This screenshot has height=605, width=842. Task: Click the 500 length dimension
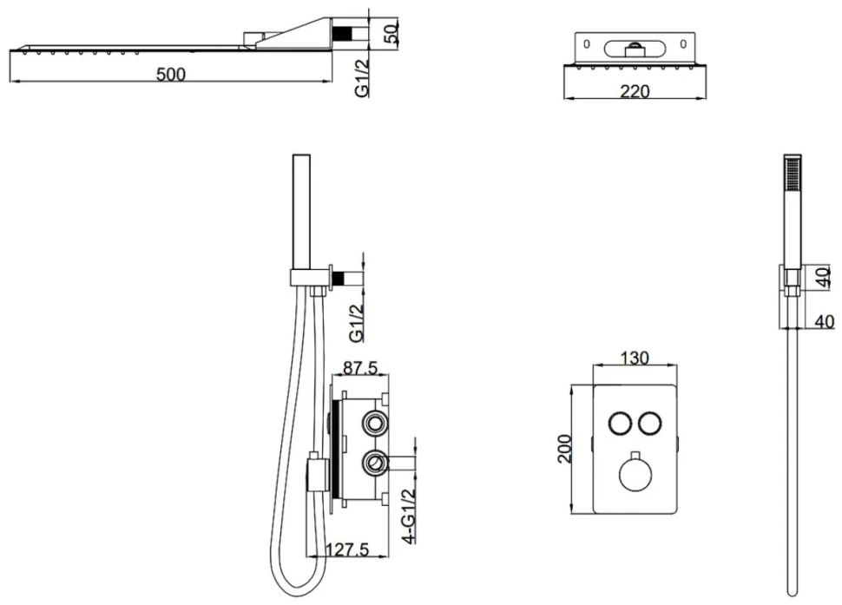(171, 74)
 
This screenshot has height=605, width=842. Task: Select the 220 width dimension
(635, 91)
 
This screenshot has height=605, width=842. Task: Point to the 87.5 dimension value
(360, 368)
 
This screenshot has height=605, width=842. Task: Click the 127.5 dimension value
(347, 549)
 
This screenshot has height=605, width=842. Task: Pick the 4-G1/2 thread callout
(409, 516)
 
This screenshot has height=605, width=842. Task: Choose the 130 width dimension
(635, 358)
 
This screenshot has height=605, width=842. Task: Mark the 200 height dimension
(565, 449)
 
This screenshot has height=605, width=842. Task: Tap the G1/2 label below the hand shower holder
(357, 323)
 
